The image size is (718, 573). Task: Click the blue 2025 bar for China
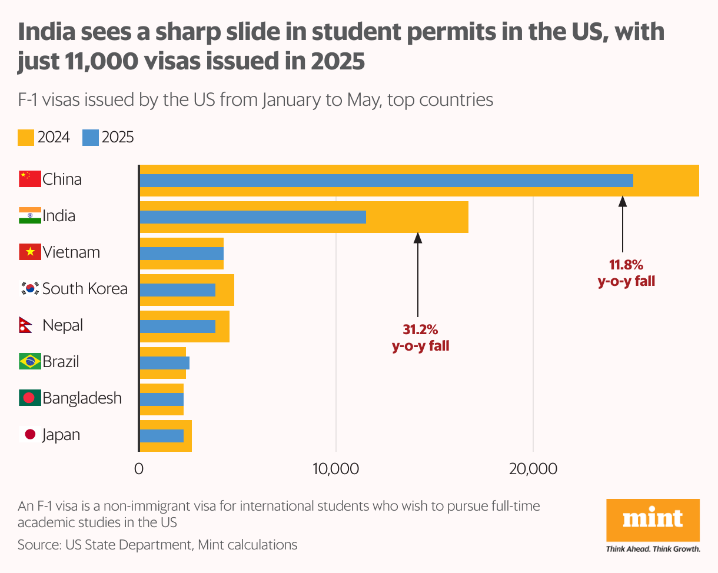[386, 181]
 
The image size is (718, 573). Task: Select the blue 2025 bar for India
[252, 217]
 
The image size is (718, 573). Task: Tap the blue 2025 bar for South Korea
[177, 290]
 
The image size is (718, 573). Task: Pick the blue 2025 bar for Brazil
[164, 363]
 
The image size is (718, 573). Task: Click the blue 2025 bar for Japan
[161, 436]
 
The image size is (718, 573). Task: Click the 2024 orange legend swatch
[26, 138]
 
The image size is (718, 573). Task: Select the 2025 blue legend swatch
[90, 138]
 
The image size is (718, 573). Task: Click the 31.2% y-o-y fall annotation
[420, 338]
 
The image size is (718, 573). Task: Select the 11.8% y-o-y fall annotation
[626, 273]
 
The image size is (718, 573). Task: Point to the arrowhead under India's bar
[418, 237]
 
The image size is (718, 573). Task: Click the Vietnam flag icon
[29, 252]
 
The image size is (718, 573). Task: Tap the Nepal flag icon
[25, 325]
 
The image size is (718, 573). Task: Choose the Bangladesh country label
[82, 398]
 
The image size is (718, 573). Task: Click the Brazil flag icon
[29, 362]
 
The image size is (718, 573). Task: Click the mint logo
[653, 520]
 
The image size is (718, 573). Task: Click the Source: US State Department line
[157, 545]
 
